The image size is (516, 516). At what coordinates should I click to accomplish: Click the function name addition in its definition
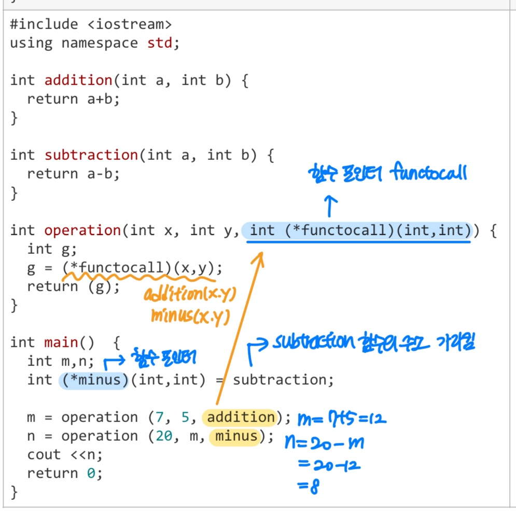pyautogui.click(x=78, y=80)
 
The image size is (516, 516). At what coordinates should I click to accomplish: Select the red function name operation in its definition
pyautogui.click(x=82, y=230)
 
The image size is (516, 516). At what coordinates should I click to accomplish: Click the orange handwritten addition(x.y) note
pyautogui.click(x=190, y=296)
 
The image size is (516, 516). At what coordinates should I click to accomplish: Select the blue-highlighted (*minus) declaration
pyautogui.click(x=94, y=380)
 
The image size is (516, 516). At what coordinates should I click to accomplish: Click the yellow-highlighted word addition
pyautogui.click(x=241, y=417)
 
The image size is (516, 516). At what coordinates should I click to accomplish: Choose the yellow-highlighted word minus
pyautogui.click(x=236, y=436)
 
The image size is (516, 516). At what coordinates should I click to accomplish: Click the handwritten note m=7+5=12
pyautogui.click(x=342, y=417)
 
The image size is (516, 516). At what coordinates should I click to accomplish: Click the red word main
pyautogui.click(x=61, y=343)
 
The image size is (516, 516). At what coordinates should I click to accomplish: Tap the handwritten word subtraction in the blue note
pyautogui.click(x=311, y=343)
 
